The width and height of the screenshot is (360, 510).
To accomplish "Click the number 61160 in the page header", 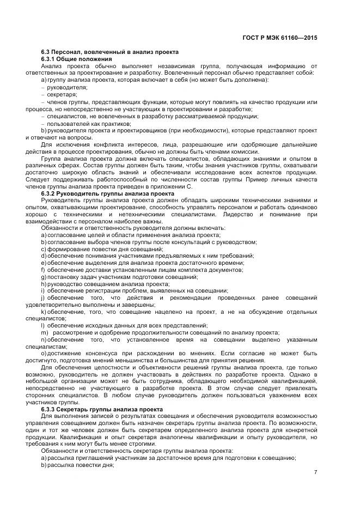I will (x=295, y=38).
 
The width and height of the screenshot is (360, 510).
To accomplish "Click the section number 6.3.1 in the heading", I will (x=50, y=59).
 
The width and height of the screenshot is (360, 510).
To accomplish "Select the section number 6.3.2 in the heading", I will (x=50, y=193).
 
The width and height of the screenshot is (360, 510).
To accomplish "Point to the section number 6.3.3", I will (x=50, y=409).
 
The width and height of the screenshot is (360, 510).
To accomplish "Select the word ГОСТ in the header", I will (x=251, y=38).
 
